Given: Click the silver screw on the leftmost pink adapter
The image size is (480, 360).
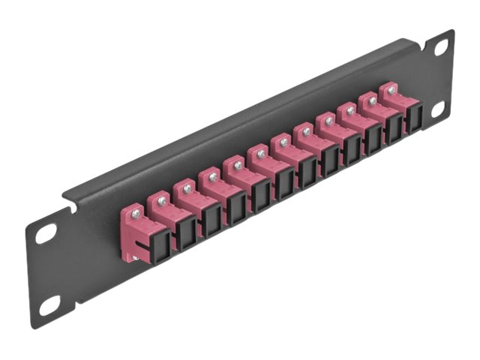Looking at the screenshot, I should [x=135, y=213].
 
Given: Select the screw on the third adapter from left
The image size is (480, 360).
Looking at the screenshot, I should [x=187, y=188].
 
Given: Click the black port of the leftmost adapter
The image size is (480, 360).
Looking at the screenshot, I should [x=142, y=239].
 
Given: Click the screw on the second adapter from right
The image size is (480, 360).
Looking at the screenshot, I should [x=370, y=99].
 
